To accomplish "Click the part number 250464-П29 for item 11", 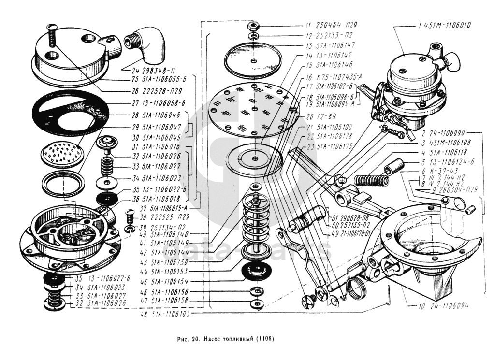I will [338, 24].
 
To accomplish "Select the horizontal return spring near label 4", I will [371, 180].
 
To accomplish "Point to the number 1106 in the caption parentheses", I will [263, 338].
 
